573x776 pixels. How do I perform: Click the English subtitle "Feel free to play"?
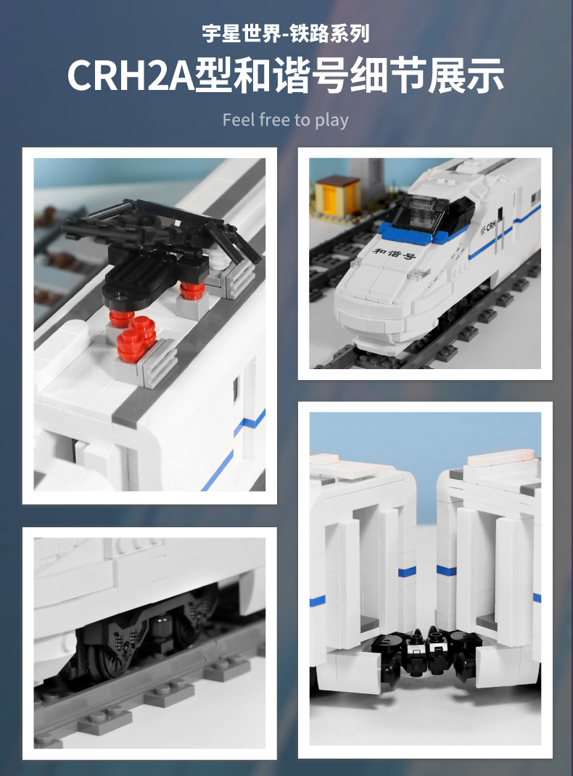[x=286, y=120]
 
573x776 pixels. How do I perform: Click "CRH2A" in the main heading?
[x=131, y=75]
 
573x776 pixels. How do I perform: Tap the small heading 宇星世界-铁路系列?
[x=286, y=33]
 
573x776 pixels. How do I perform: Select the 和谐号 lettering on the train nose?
[x=395, y=253]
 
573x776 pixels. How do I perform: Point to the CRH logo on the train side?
[x=489, y=227]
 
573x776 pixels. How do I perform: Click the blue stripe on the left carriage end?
[x=407, y=571]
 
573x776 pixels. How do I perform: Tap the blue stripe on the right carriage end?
[x=446, y=570]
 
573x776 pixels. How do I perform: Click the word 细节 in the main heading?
[x=388, y=75]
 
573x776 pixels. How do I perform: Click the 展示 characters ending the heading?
[x=465, y=75]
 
